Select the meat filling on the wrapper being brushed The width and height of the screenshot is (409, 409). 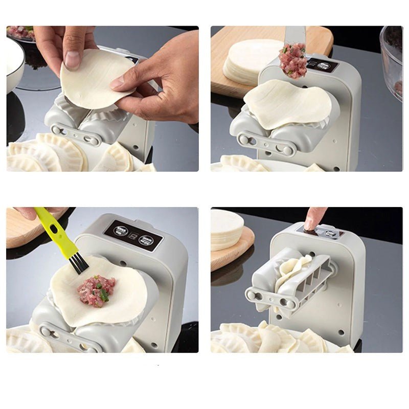[x=97, y=290]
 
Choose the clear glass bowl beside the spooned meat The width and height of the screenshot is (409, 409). [x=392, y=59]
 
